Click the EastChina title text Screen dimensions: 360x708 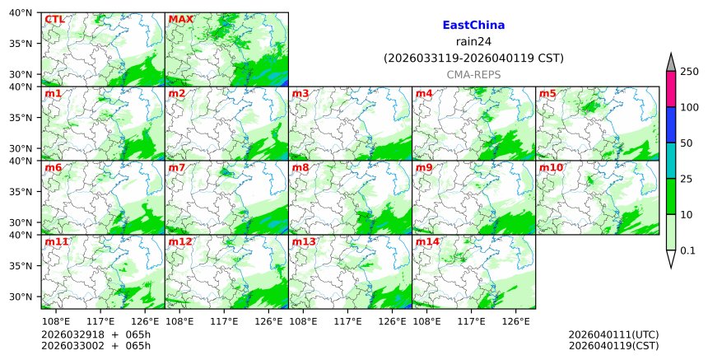pos(473,26)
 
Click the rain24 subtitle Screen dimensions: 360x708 pos(473,42)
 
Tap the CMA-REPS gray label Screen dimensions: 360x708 pos(473,74)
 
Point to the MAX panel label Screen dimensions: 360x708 pos(180,19)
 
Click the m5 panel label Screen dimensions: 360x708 pos(547,93)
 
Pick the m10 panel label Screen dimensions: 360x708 pos(551,167)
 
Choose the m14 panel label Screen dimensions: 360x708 pos(427,241)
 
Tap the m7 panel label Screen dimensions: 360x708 pos(177,167)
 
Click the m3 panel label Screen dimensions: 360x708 pos(300,93)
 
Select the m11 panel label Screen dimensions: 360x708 pos(57,241)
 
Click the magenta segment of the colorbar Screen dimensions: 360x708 pos(670,89)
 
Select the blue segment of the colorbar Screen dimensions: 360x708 pos(670,125)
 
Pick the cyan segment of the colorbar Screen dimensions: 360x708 pos(670,161)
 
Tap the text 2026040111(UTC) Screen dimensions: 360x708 pos(613,334)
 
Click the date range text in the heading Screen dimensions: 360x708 pos(473,58)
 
